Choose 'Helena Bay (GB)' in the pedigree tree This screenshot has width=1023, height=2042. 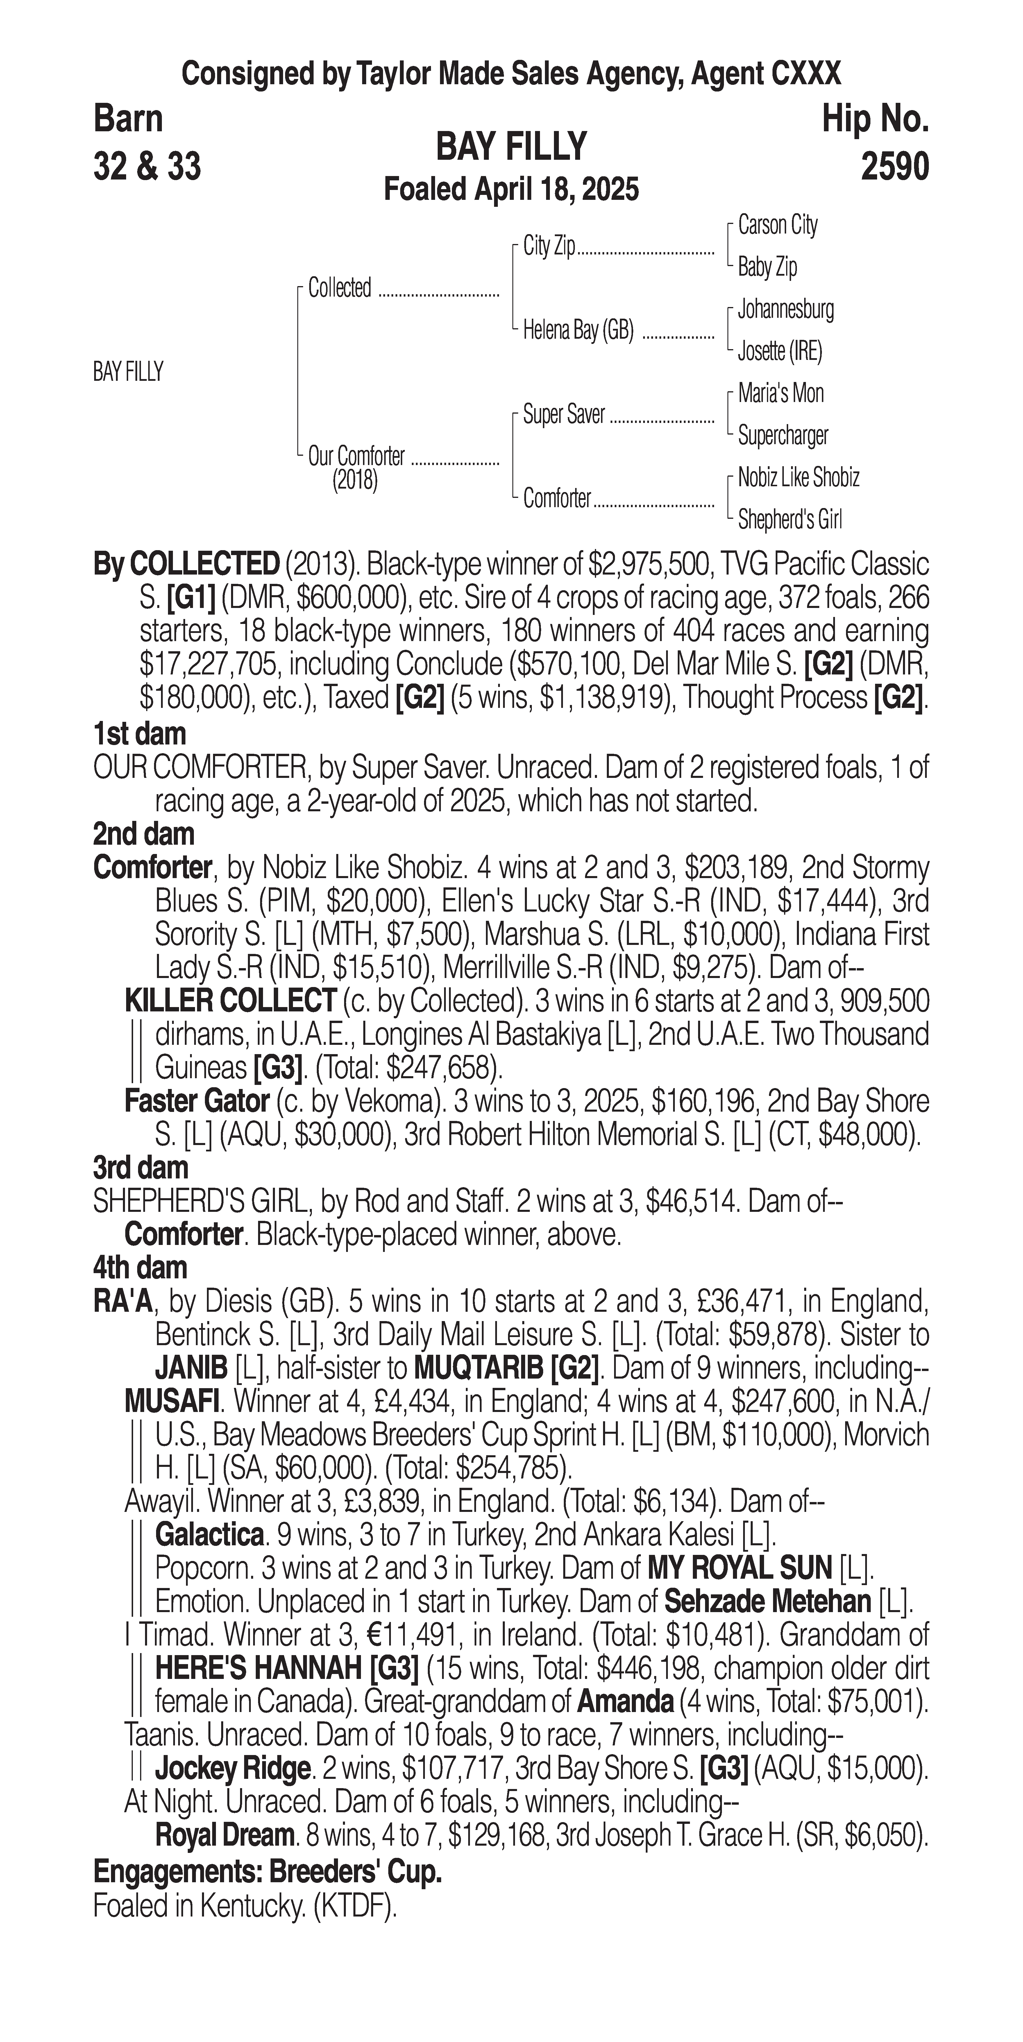point(578,330)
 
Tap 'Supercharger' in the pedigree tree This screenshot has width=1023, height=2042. point(783,435)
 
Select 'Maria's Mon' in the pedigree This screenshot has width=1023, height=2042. point(780,393)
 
